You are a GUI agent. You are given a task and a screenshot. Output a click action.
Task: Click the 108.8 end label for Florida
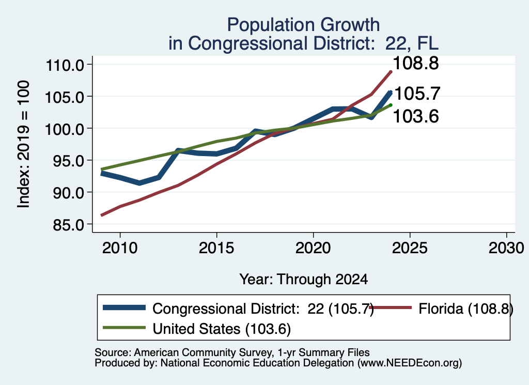point(416,63)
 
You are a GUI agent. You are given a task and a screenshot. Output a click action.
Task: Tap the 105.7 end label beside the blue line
point(417,93)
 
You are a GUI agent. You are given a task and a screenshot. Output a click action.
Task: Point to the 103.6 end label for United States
point(416,116)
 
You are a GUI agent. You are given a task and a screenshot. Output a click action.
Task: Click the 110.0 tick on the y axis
point(64,65)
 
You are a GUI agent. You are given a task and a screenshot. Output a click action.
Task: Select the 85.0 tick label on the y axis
point(69,224)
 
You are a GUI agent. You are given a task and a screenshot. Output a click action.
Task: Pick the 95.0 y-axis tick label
point(69,161)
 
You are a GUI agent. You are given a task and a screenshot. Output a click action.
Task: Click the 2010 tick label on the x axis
point(120,248)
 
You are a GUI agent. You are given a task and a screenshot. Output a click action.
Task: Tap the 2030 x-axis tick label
point(506,248)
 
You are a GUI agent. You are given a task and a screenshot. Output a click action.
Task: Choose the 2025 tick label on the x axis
point(410,248)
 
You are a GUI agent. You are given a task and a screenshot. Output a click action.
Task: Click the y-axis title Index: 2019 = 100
point(24,144)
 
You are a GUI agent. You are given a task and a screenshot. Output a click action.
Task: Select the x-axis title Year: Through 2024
point(304,280)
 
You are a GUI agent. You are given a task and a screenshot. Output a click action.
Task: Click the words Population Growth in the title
point(303,25)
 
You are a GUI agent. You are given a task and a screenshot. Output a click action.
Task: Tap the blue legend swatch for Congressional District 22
point(124,307)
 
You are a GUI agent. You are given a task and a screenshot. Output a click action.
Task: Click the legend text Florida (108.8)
point(466,309)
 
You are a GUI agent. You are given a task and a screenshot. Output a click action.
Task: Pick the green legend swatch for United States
point(124,328)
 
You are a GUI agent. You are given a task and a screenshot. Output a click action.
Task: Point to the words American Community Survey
point(203,352)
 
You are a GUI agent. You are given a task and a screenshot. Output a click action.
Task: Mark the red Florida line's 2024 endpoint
point(391,71)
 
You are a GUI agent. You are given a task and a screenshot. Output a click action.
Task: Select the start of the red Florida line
point(102,215)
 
